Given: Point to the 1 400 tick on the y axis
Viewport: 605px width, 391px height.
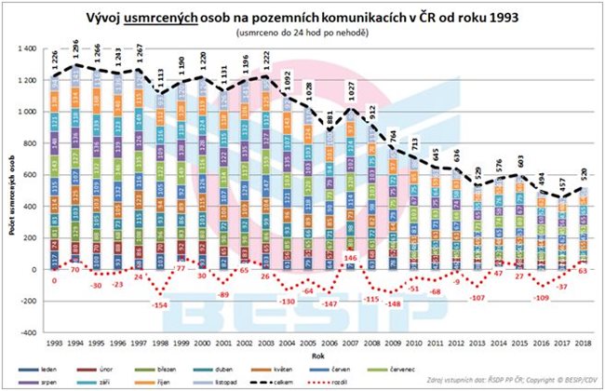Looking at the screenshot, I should pos(34,47).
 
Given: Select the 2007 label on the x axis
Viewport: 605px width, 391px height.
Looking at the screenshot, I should pos(352,343).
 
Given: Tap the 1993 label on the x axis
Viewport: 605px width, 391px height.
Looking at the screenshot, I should pos(56,343).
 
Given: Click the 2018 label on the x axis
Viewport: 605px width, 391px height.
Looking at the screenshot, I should pos(585,343).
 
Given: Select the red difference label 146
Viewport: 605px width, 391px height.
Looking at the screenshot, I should pos(351,257).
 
